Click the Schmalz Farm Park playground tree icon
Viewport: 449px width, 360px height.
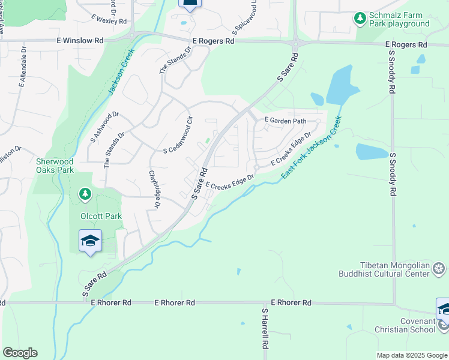point(360,19)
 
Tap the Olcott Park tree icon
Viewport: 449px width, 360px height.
point(85,194)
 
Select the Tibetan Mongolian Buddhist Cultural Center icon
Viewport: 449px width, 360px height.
point(439,268)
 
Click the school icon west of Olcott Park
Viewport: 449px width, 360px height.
point(90,241)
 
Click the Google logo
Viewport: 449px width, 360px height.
point(20,353)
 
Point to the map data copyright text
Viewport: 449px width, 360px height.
point(412,355)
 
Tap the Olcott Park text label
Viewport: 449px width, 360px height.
point(101,216)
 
